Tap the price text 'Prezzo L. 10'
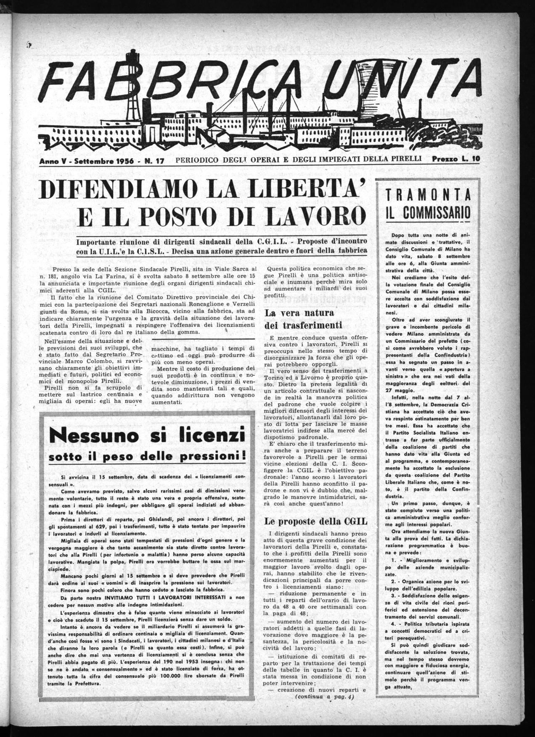coord(456,160)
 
